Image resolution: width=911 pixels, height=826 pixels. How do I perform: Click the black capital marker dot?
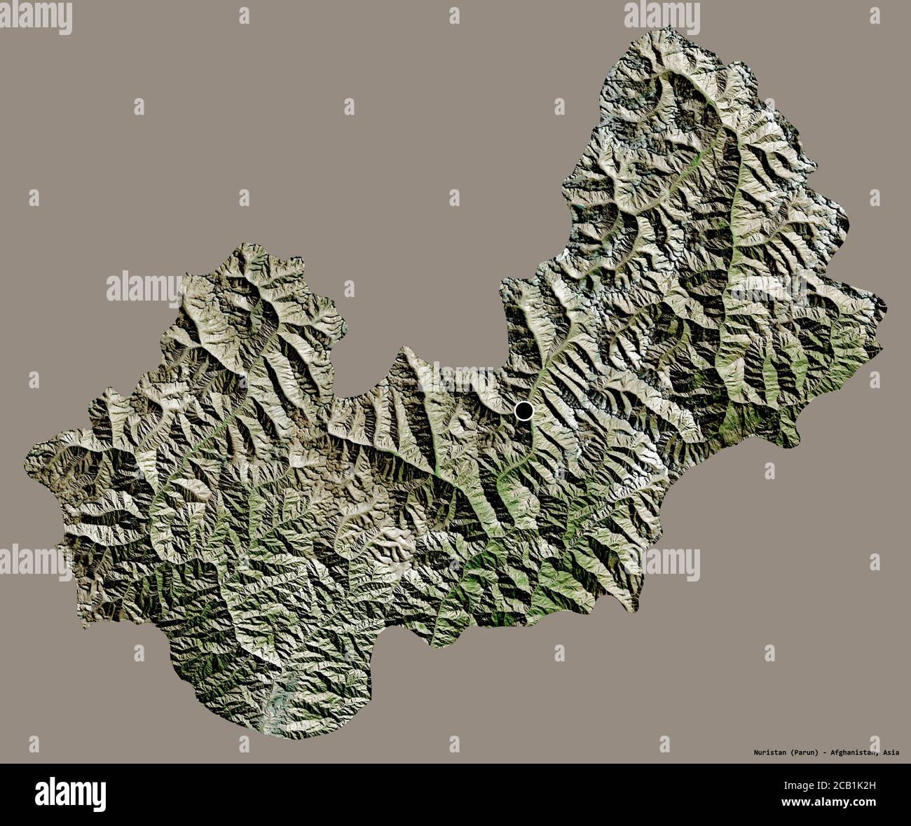pos(523,411)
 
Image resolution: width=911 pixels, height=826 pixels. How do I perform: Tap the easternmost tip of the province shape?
pos(886,306)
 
